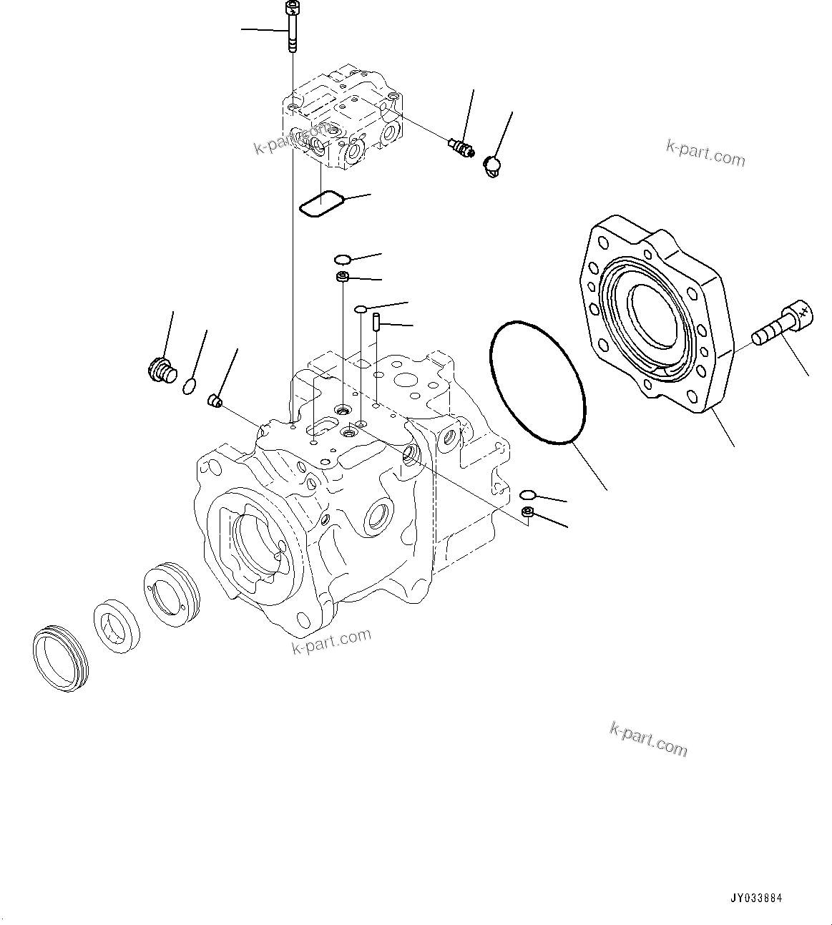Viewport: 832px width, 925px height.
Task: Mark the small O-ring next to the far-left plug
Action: (x=188, y=386)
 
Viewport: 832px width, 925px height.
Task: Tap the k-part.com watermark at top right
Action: (x=705, y=152)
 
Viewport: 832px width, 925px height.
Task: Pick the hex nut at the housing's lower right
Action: (x=527, y=511)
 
